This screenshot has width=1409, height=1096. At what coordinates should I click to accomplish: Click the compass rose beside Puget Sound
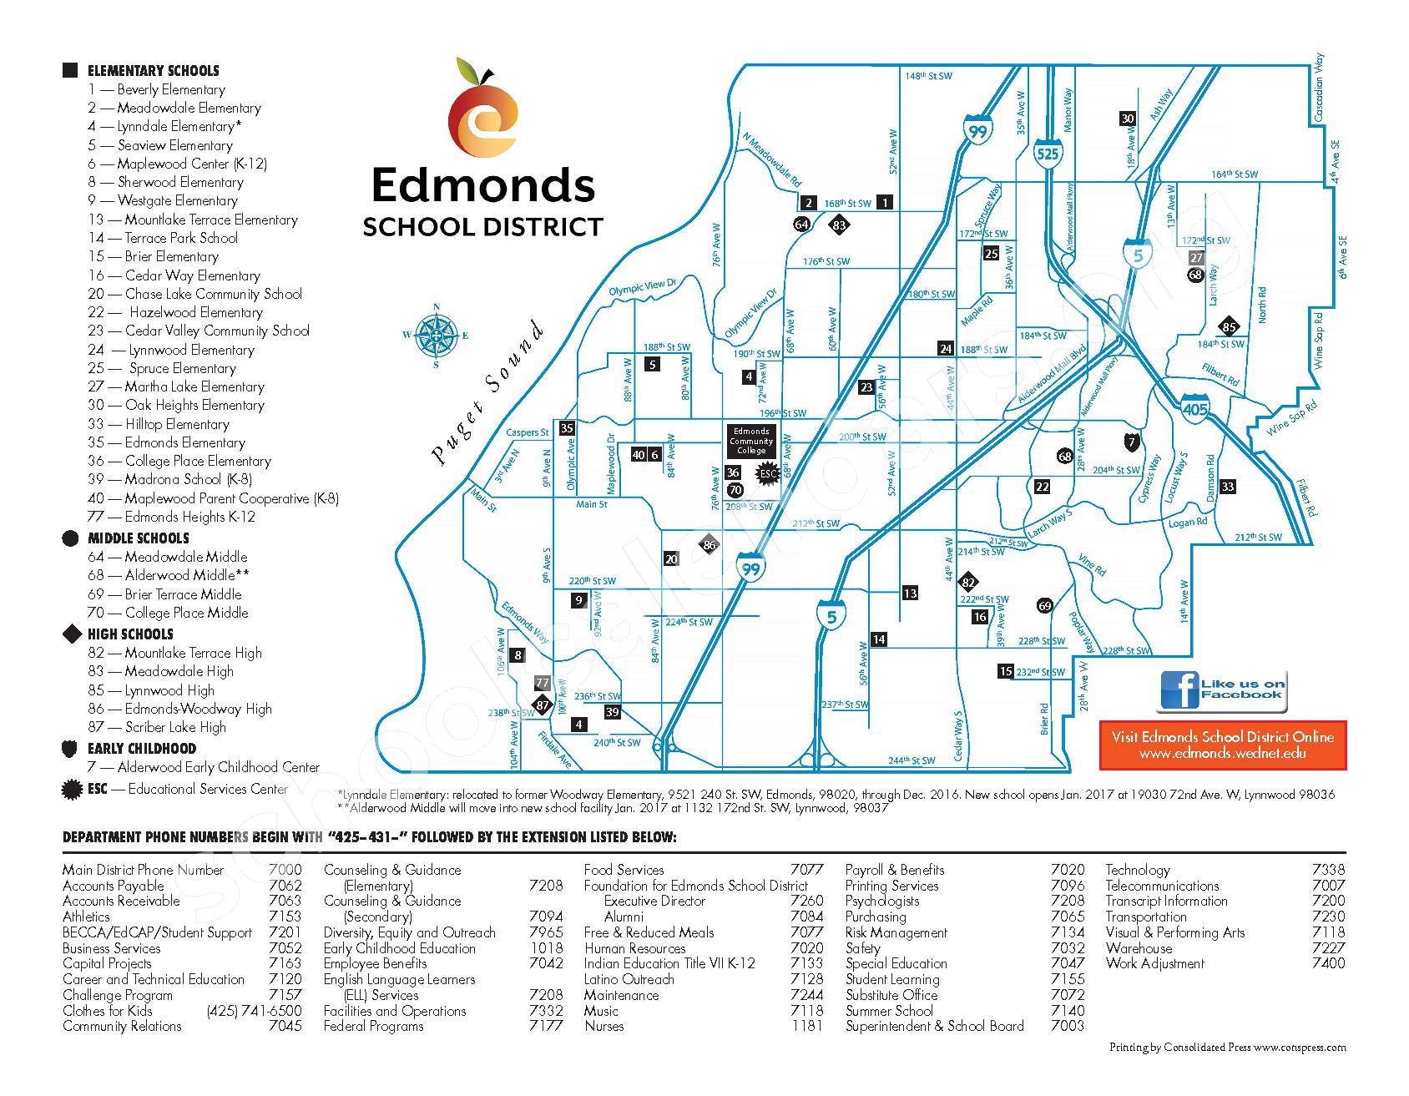[435, 335]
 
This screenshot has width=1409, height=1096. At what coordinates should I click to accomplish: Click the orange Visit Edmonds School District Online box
[1222, 745]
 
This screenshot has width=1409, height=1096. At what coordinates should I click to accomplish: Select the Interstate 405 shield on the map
[1194, 408]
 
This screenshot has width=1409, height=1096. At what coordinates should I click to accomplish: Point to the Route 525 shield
[1048, 154]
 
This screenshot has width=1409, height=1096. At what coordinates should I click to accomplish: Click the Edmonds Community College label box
[750, 441]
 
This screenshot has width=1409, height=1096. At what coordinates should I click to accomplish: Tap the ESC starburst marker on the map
[767, 473]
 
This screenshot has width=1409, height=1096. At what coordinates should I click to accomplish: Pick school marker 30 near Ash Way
[1127, 119]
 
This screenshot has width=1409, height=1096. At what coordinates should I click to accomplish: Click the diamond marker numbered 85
[1228, 327]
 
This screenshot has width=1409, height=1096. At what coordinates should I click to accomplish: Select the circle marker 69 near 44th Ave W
[1044, 606]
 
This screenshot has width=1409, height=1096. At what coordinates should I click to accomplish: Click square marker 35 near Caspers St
[567, 428]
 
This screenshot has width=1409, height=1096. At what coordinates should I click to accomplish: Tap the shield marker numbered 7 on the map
[1131, 442]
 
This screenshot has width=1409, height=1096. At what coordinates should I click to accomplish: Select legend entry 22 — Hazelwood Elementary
[175, 312]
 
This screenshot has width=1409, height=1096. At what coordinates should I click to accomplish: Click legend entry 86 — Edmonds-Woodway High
[180, 709]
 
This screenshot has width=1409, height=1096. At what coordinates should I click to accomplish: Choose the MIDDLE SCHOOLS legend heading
[138, 538]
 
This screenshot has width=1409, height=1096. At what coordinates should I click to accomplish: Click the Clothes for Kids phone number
[254, 1011]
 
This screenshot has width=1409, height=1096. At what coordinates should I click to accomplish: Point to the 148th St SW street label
[928, 76]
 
